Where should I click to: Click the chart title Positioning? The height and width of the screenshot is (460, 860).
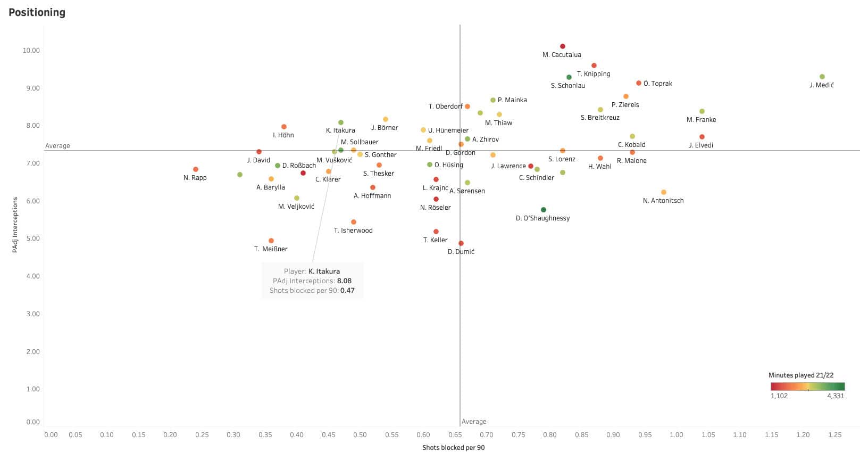(x=37, y=12)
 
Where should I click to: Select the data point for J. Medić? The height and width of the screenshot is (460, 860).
(x=822, y=77)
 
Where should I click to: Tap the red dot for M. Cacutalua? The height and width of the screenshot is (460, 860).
(x=563, y=46)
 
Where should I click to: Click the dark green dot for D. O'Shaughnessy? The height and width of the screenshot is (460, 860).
(x=543, y=210)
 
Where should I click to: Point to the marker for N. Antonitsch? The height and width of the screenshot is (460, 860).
(x=663, y=192)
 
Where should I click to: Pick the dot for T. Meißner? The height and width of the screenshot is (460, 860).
(x=271, y=241)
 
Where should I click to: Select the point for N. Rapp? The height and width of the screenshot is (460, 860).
(x=196, y=169)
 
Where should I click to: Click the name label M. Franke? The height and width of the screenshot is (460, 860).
(x=701, y=120)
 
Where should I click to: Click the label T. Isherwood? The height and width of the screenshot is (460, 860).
(x=353, y=231)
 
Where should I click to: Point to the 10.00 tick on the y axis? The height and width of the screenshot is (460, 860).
(x=31, y=51)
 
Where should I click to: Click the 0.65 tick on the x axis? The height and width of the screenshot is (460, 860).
(x=455, y=435)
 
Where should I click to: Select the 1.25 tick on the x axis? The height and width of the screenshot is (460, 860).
(x=834, y=435)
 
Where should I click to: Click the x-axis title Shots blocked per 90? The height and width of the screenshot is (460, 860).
(x=453, y=448)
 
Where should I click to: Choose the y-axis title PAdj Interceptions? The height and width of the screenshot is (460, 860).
(x=15, y=224)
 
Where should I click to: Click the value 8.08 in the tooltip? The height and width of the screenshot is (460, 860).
(x=344, y=281)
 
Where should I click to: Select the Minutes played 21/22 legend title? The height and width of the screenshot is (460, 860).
(x=800, y=375)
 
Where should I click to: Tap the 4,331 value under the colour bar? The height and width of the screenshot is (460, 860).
(x=836, y=396)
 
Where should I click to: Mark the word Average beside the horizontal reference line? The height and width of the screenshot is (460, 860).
(x=57, y=146)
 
